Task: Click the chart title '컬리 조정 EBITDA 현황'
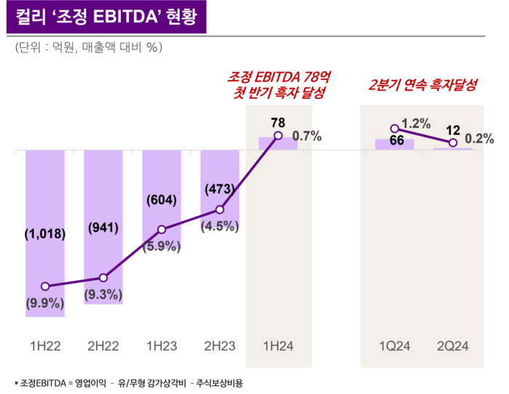coord(106,17)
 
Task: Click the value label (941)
coord(103,228)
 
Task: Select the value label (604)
coord(161,200)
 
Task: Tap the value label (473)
coord(220,189)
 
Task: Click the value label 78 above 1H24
coord(278,122)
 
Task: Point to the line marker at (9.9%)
coord(45,286)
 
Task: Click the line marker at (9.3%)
coord(103,278)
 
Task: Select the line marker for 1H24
coord(278,135)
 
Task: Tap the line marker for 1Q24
coord(395,129)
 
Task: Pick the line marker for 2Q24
coord(453,142)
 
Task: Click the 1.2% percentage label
coord(416,124)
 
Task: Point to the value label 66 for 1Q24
coord(397,140)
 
